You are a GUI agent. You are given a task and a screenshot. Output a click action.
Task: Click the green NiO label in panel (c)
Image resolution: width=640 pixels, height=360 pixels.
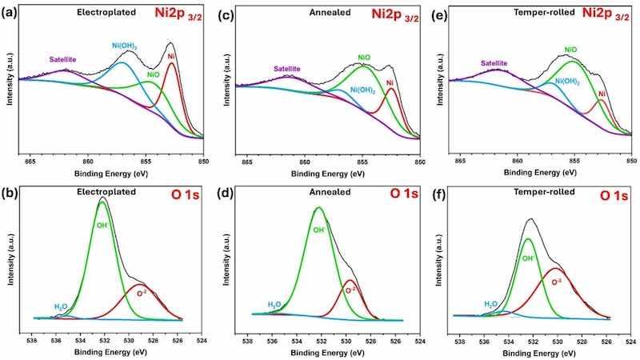click(x=364, y=57)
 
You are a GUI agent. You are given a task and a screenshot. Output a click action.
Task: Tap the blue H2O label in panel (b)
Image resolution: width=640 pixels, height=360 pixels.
click(x=61, y=306)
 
